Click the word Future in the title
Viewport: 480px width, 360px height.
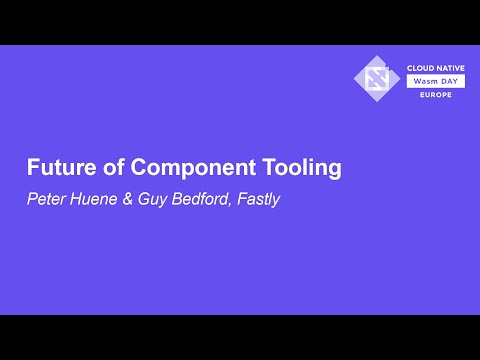(x=56, y=168)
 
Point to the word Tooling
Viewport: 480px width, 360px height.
(x=298, y=168)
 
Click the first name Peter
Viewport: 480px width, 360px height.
(x=44, y=198)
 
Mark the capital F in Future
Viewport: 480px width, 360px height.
(x=31, y=168)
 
